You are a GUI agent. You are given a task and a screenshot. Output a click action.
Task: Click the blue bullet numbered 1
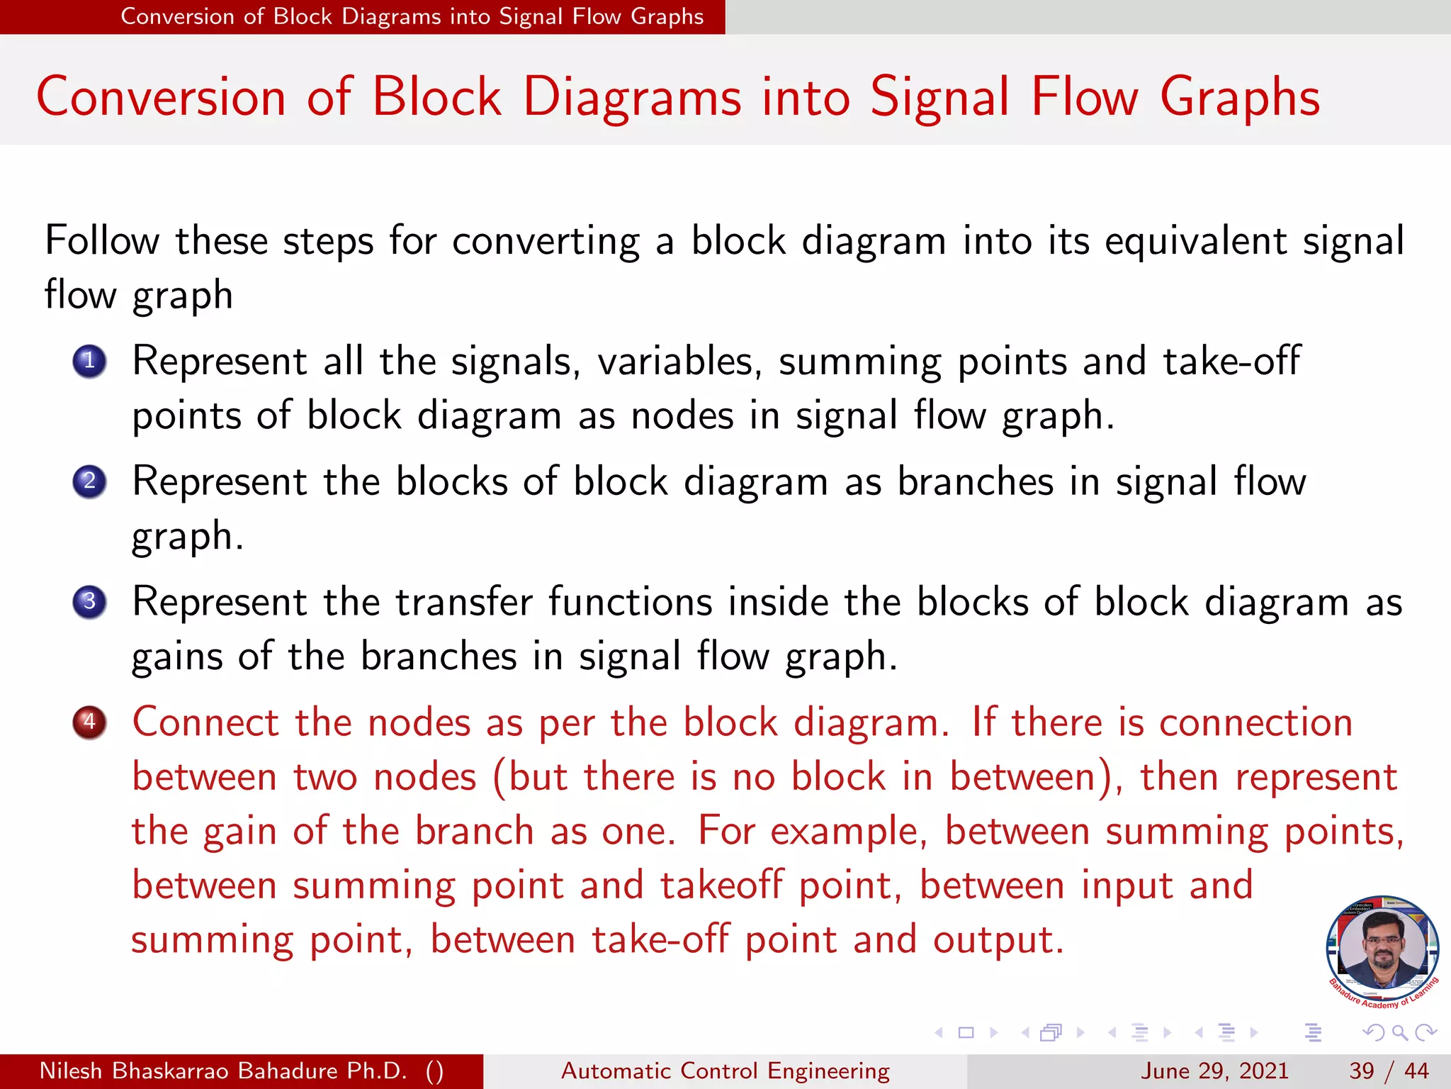(89, 362)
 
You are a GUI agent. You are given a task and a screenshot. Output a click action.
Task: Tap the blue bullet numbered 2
(89, 482)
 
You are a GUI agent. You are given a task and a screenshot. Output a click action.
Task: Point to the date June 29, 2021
(1214, 1071)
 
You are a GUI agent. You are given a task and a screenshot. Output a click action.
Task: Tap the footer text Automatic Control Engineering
(725, 1071)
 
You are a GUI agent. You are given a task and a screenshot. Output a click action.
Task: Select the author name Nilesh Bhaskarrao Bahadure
(222, 1071)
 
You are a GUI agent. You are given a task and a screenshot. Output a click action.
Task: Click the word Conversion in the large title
(161, 97)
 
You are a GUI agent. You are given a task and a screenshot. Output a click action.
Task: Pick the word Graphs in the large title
(1240, 97)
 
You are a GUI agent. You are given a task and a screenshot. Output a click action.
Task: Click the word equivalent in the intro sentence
(1195, 241)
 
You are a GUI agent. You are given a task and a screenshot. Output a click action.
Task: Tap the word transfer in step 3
(463, 603)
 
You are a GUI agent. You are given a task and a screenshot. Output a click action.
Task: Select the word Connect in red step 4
(205, 723)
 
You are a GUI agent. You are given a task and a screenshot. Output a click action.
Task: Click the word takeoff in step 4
(721, 886)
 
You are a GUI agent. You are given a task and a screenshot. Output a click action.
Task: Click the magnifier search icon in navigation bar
(1399, 1032)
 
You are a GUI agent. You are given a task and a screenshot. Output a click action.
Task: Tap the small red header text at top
(412, 16)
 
